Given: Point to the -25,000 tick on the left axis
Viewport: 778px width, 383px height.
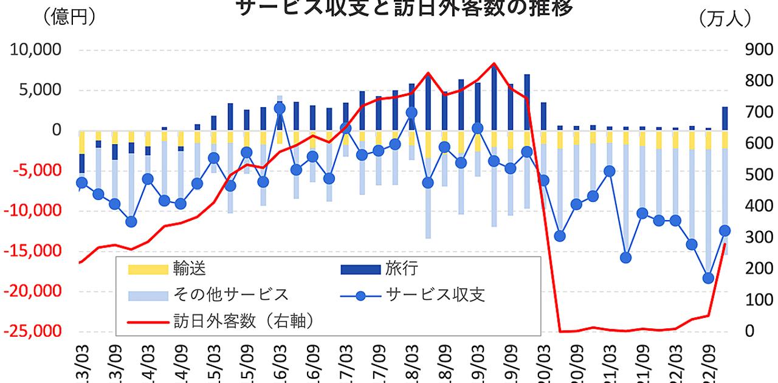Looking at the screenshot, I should point(35,331).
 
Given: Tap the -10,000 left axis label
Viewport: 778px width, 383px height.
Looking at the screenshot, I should point(35,211).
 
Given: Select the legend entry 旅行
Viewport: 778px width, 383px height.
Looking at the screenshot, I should point(402,268).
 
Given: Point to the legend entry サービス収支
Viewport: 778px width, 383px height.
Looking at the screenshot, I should point(435,295).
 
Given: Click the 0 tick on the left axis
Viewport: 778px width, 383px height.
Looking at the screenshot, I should point(57,130).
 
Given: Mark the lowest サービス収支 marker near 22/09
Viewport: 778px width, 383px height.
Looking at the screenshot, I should point(707,278).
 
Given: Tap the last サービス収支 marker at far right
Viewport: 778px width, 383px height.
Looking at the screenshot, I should point(725,230).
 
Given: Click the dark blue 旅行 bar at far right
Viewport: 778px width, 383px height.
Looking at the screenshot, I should point(725,119).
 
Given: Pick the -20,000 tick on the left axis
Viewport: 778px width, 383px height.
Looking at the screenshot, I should point(35,291).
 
